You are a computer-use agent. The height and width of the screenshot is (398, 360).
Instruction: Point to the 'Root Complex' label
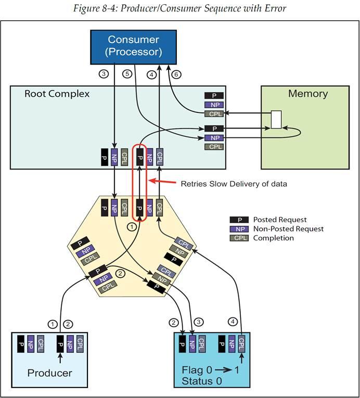coord(57,94)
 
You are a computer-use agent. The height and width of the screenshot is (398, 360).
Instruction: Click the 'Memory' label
coord(308,94)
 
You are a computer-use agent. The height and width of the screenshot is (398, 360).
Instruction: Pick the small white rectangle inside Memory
coord(276,119)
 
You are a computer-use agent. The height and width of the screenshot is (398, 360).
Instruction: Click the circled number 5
coord(126,74)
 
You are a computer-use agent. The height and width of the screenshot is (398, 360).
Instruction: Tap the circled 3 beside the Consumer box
coord(104,74)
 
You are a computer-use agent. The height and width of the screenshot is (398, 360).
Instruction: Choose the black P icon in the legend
coord(237,220)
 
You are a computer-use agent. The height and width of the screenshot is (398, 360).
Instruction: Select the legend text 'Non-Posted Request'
coord(288,229)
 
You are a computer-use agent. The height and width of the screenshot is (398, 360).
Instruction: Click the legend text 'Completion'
coord(274,238)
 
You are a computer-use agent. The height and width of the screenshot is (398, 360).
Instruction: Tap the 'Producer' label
coord(49,373)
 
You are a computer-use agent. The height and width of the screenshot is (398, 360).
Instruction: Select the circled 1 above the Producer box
coord(52,324)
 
